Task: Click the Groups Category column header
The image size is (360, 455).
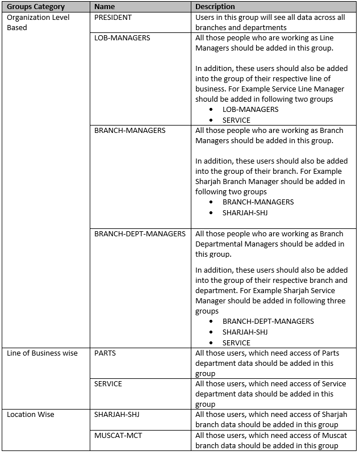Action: coord(36,7)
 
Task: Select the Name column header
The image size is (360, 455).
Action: coord(104,7)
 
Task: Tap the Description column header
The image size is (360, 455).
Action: coord(215,7)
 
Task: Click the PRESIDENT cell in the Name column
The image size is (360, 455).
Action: coord(113,18)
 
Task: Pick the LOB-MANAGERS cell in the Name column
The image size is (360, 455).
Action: coord(122,38)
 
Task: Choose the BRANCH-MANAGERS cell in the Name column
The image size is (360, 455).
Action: coord(130,131)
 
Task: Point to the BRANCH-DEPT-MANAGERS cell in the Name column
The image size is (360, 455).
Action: coord(140,233)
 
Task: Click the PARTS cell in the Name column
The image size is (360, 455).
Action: coord(105,353)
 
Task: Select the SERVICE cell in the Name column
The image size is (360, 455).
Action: coord(108,384)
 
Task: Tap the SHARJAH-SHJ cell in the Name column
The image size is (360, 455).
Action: coord(117,415)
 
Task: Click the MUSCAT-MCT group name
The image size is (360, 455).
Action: coord(116,435)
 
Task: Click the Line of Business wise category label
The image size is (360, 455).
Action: coord(42,353)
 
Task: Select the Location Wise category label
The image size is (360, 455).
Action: coord(31,415)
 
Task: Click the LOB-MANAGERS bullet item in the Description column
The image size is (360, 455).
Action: coord(250,110)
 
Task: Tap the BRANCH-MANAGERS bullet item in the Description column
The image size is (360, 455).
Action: coord(258,202)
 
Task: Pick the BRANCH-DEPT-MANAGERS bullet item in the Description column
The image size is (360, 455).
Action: coord(268,322)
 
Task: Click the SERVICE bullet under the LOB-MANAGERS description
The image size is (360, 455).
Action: coord(236,120)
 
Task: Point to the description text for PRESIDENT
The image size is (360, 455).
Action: coord(270,22)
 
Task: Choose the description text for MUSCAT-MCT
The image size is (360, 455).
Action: coord(271,440)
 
